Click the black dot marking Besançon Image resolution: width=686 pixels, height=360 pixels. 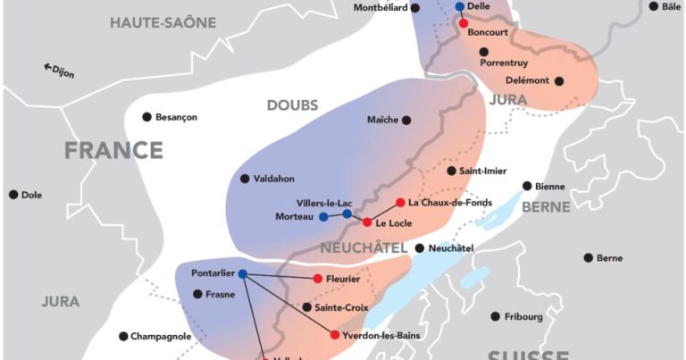point(146,117)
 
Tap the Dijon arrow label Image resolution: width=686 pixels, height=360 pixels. point(59,70)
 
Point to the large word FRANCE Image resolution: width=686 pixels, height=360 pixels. point(113,150)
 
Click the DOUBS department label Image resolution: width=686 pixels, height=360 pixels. point(292,105)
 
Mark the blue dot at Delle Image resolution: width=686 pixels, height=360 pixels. point(460,6)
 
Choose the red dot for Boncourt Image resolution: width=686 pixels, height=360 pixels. point(464,23)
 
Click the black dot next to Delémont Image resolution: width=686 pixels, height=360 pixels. point(559,80)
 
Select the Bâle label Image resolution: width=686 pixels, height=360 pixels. point(671,6)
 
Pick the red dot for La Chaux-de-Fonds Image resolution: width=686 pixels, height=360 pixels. point(400,203)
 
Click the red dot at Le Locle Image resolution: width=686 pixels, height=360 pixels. point(366,222)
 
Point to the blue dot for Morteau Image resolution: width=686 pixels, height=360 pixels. point(323,217)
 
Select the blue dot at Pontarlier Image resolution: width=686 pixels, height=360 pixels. point(242,274)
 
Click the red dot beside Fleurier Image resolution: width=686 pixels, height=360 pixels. point(317,279)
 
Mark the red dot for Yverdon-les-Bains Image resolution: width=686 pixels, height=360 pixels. point(335,335)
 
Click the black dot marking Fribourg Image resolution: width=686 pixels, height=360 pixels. point(495,316)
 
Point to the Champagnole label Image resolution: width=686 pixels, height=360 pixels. point(163,336)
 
